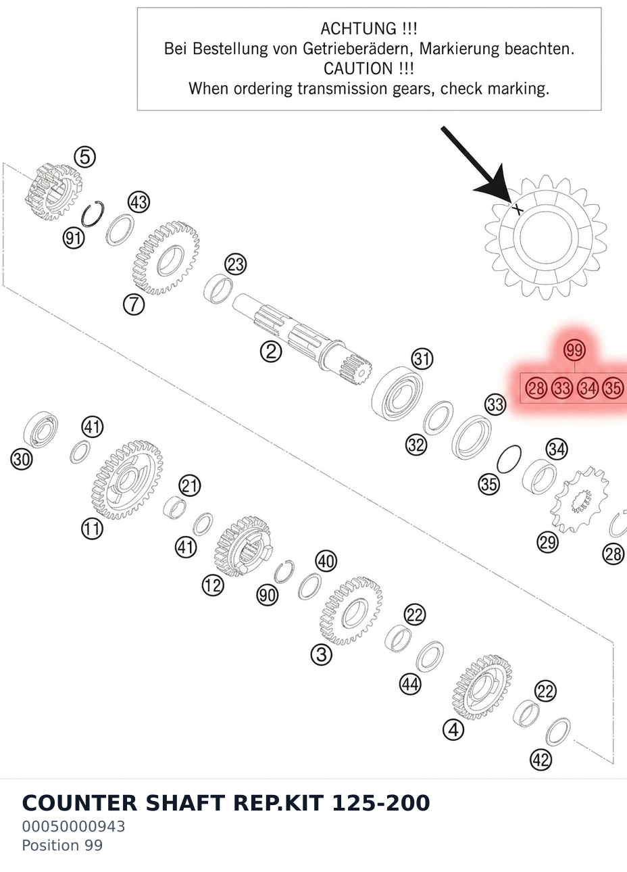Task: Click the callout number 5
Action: click(85, 158)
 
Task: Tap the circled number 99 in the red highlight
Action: click(574, 350)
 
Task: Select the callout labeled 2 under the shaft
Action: click(271, 352)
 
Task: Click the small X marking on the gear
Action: click(518, 210)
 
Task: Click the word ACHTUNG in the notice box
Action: click(357, 29)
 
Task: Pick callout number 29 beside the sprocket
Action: click(547, 542)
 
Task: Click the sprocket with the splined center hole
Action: click(580, 500)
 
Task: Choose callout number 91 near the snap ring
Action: click(74, 237)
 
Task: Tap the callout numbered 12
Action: click(213, 585)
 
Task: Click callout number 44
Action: click(411, 683)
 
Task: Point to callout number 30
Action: click(22, 459)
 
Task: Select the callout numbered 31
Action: click(422, 358)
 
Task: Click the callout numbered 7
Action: click(134, 304)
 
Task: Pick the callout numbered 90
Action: click(268, 595)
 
